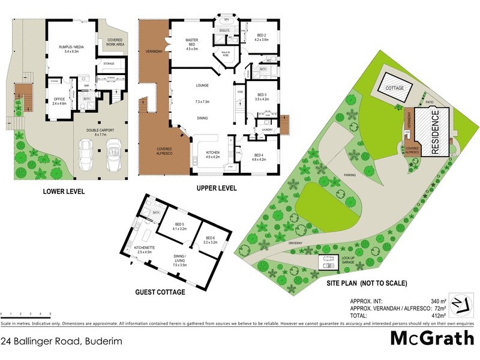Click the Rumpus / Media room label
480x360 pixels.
(x=70, y=46)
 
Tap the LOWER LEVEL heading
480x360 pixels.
(x=63, y=192)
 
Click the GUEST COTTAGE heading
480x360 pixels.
(x=160, y=293)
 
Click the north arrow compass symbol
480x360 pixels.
(x=460, y=304)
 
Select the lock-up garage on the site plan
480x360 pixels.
(x=329, y=263)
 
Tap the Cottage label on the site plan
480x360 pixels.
(x=394, y=88)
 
